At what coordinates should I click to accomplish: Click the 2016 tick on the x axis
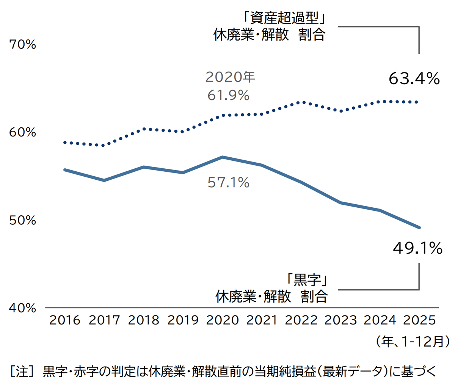click(65, 320)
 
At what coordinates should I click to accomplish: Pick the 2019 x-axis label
click(183, 320)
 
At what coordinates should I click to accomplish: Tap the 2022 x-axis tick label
click(301, 320)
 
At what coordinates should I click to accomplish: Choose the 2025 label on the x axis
click(419, 320)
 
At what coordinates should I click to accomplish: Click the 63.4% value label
click(414, 79)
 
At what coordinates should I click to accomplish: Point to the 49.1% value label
click(417, 248)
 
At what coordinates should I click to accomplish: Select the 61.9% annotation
click(228, 95)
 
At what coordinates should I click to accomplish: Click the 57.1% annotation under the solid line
click(228, 183)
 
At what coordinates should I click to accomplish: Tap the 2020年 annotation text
click(230, 77)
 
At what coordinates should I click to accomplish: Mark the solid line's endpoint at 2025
click(419, 227)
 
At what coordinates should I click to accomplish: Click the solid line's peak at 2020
click(223, 157)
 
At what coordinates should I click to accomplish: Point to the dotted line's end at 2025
click(417, 102)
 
